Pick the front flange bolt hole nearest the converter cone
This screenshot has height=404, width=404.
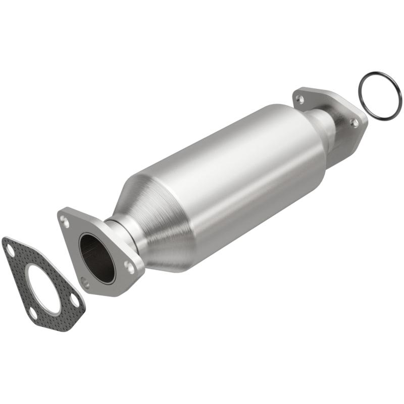[x=131, y=267]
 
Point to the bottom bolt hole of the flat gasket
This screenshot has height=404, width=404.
[x=33, y=313]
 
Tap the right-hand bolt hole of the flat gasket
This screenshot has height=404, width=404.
[x=75, y=301]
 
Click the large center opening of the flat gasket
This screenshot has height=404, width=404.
[x=43, y=288]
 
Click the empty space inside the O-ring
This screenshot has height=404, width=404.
[x=380, y=96]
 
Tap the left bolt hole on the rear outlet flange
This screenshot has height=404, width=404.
[x=301, y=99]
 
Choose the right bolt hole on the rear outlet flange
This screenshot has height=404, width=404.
[x=355, y=123]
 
